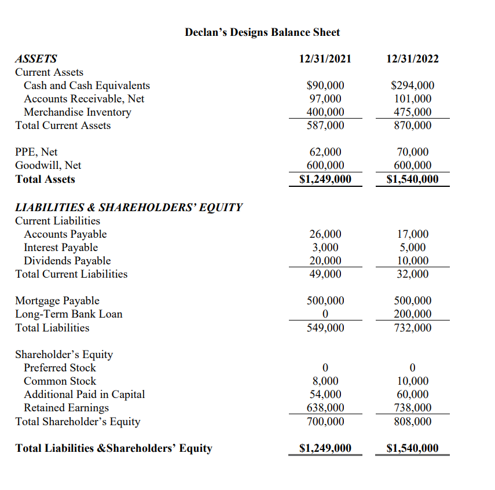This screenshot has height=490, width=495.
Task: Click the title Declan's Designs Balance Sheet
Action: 262,32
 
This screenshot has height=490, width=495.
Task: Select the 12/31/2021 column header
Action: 325,58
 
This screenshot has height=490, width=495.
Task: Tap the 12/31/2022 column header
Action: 412,58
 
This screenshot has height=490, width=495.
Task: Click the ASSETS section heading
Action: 36,58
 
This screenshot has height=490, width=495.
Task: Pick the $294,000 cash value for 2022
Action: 412,86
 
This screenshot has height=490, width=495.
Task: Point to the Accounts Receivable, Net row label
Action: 84,99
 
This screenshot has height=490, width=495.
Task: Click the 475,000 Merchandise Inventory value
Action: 412,112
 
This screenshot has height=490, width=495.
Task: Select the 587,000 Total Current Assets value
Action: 325,126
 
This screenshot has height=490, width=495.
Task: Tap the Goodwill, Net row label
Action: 48,165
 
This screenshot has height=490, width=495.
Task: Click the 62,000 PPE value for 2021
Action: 325,152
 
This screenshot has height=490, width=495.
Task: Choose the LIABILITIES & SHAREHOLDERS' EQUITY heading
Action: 129,207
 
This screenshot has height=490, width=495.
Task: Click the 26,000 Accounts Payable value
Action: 325,234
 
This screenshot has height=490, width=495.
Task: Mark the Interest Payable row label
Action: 61,248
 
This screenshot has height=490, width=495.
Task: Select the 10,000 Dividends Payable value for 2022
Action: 412,261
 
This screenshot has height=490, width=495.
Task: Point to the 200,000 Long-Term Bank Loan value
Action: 412,314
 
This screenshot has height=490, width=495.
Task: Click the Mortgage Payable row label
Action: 57,301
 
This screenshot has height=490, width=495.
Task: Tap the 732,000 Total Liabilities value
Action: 412,328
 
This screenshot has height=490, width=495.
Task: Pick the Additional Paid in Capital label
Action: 84,395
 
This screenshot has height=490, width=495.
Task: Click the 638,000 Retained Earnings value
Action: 325,408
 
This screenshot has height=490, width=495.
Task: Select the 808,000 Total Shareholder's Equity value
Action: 412,422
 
